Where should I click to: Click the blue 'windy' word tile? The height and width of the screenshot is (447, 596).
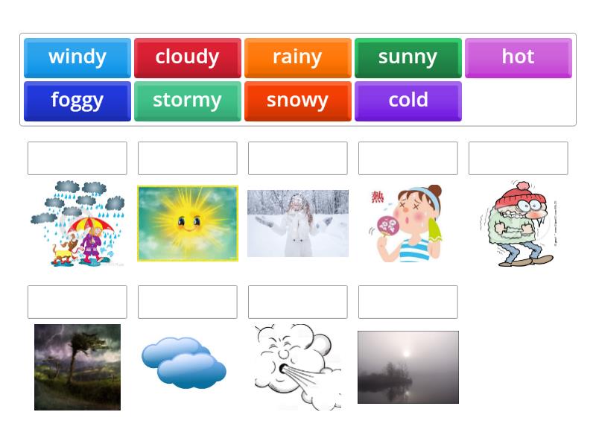tap(77, 58)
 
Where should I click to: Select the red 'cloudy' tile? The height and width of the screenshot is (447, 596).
tap(188, 58)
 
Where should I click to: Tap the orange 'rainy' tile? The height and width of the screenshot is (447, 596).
tap(297, 58)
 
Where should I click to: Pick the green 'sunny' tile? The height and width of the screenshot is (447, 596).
tap(408, 58)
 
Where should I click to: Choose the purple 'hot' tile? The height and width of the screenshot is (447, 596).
tap(518, 58)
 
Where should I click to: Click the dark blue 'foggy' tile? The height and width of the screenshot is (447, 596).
tap(77, 101)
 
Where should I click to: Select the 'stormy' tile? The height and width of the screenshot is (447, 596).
tap(188, 101)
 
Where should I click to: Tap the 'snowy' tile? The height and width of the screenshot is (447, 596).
tap(297, 101)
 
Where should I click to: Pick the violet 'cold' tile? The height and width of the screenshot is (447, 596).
tap(408, 101)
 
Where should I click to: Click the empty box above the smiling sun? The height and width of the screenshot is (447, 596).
tap(188, 158)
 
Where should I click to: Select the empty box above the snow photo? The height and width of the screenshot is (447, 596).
tap(297, 158)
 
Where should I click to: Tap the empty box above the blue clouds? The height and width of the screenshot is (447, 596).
tap(188, 302)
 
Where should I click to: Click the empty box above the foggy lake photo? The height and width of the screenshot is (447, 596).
tap(408, 302)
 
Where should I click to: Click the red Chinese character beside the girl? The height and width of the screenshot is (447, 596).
tap(378, 197)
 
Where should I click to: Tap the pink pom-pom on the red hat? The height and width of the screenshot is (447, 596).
tap(524, 186)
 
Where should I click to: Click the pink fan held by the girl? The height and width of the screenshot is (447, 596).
tap(387, 226)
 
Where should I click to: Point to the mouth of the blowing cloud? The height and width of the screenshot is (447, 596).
tap(283, 369)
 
